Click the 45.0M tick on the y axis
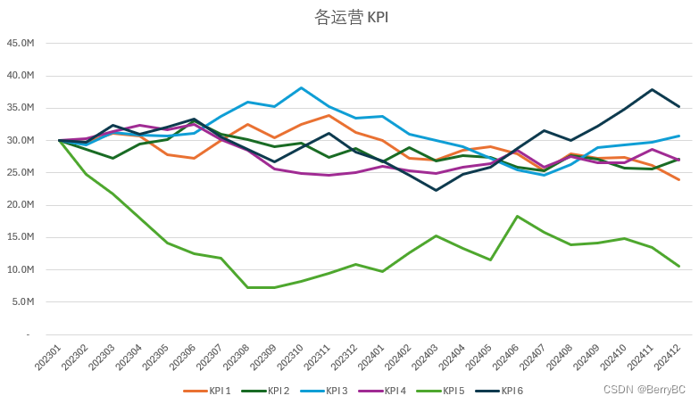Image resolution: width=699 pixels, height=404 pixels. (20, 43)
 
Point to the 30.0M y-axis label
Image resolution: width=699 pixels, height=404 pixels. (20, 140)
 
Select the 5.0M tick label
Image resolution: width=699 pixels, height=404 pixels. (21, 302)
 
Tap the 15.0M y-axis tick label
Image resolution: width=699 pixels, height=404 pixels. (20, 237)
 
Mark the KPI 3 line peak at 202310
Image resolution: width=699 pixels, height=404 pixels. (302, 87)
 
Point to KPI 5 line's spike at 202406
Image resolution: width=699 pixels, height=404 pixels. (517, 216)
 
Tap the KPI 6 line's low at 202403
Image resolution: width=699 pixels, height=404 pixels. (436, 190)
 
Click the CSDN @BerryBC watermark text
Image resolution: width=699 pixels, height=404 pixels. (644, 390)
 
